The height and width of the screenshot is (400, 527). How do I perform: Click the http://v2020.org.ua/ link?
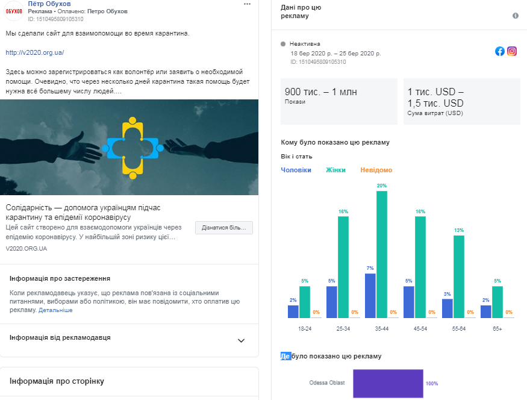[34, 52]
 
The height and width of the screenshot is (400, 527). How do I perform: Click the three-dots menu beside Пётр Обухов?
[247, 4]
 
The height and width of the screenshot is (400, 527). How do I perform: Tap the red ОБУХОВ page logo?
[14, 11]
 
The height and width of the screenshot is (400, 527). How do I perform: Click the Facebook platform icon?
[500, 51]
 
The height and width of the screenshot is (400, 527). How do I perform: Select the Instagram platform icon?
[512, 51]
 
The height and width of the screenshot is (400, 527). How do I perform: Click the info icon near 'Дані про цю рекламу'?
[516, 16]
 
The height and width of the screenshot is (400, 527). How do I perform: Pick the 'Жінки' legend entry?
[335, 170]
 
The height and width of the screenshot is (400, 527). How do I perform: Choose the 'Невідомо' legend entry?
[376, 170]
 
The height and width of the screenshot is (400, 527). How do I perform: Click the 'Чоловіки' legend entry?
[296, 170]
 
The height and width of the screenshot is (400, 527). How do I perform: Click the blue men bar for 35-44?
[370, 295]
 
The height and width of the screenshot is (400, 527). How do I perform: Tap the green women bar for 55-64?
[459, 277]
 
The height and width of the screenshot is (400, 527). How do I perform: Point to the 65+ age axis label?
[498, 329]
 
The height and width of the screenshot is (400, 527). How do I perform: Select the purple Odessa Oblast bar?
[388, 383]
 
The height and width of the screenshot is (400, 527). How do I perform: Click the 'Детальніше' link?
[55, 310]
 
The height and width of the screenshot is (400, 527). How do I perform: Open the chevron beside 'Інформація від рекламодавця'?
[241, 340]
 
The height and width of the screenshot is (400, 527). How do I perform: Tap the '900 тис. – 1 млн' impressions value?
[321, 92]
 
